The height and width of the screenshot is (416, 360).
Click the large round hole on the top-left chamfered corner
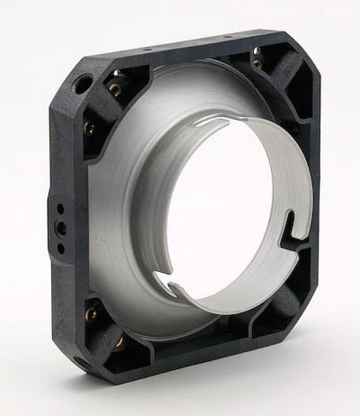tap(82, 83)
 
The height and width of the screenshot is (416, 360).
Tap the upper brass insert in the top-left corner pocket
tap(115, 89)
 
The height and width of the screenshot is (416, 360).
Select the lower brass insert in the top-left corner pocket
tap(90, 127)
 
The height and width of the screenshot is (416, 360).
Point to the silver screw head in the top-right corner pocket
tap(256, 51)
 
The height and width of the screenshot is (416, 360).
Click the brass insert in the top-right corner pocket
tap(258, 64)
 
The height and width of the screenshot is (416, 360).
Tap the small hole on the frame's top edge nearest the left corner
tap(147, 48)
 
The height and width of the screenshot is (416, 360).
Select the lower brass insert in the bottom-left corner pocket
tap(119, 341)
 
